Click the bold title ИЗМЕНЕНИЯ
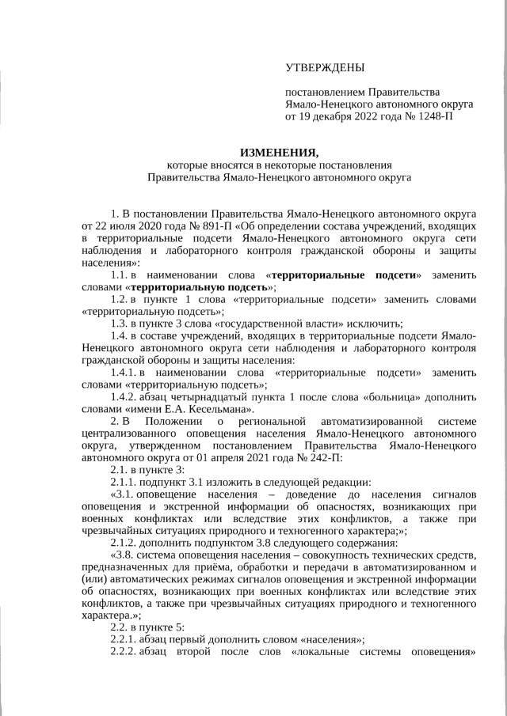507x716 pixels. (x=279, y=153)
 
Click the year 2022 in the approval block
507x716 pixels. (x=369, y=116)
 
